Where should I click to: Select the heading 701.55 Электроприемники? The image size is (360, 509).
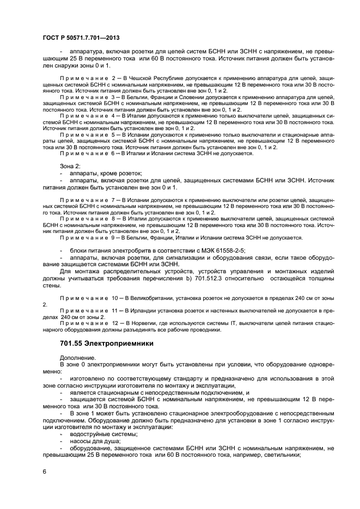coord(106,344)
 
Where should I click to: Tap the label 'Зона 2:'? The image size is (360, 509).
coord(70,165)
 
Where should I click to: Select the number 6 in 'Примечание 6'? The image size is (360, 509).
coord(112,154)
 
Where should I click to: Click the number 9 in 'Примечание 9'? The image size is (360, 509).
coord(112,237)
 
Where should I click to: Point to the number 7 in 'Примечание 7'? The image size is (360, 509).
coord(112,201)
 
